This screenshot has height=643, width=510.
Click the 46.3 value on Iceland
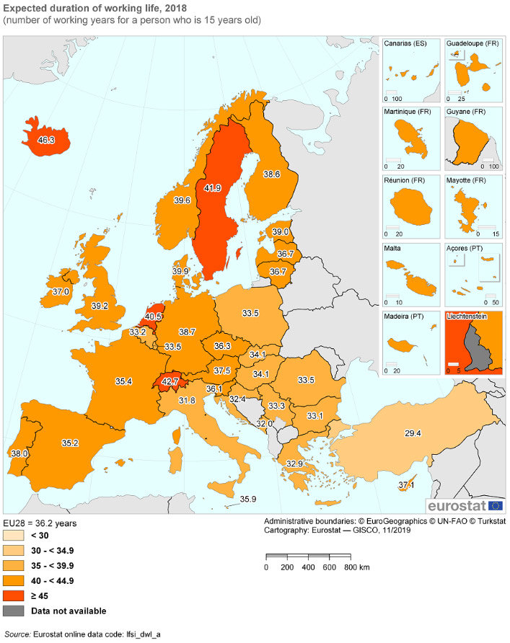[47, 139]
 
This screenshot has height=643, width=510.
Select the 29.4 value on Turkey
[413, 433]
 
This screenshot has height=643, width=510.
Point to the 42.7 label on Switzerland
[170, 381]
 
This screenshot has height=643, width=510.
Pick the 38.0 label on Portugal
[19, 453]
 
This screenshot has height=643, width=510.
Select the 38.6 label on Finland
[271, 174]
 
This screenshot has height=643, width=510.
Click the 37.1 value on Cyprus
[406, 486]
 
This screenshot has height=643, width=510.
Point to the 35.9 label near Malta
[248, 499]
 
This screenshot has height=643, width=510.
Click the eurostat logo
[465, 505]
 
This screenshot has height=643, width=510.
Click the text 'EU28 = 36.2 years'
[40, 523]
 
